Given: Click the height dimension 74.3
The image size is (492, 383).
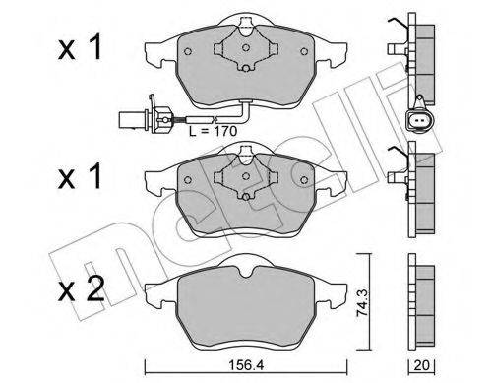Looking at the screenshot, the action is [x=363, y=302].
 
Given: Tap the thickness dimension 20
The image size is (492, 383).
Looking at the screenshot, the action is [x=421, y=365].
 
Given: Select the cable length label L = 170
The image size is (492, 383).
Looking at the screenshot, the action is [x=213, y=131].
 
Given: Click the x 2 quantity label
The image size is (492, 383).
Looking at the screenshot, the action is [x=81, y=288].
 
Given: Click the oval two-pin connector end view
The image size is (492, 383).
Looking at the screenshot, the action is [x=419, y=119].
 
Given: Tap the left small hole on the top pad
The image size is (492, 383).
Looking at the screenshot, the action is [x=188, y=51].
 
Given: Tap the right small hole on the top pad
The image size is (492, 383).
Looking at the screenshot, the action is [x=304, y=51].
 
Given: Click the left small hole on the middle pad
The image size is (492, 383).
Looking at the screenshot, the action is [x=188, y=179].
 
